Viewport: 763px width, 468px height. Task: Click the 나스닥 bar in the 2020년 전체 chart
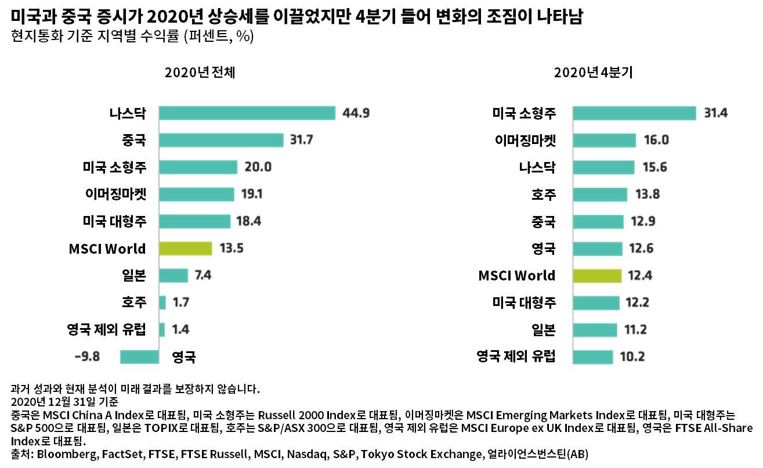(247, 113)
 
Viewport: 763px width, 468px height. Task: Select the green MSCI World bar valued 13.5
(185, 249)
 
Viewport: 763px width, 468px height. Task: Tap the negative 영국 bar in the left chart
(139, 357)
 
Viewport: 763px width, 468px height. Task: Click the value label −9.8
(88, 357)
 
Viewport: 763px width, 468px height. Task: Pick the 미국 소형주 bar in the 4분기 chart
(634, 113)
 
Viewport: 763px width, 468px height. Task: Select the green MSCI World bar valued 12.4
(597, 276)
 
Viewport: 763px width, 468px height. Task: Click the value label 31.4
(715, 113)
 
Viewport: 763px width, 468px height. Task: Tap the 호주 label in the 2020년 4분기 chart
(543, 195)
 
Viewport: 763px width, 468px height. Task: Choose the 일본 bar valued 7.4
(173, 275)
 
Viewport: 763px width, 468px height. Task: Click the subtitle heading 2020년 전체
(200, 73)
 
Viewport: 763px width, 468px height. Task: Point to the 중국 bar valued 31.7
(221, 141)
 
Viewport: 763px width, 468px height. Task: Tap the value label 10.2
(632, 357)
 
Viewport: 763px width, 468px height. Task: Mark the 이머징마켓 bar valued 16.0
(605, 141)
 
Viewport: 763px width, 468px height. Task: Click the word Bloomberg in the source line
(62, 454)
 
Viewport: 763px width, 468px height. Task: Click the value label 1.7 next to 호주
(181, 303)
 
